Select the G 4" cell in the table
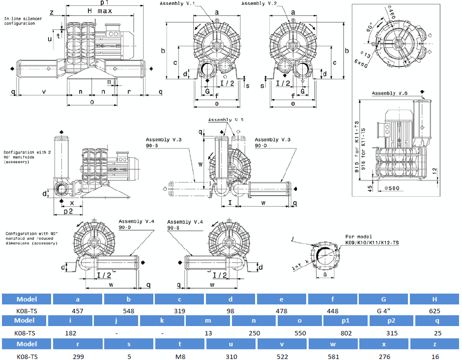click(x=383, y=311)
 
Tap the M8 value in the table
click(x=179, y=357)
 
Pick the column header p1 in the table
click(x=346, y=321)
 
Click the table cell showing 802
click(x=346, y=333)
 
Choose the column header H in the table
click(x=434, y=299)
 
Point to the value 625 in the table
click(x=434, y=311)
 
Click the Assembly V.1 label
click(x=177, y=4)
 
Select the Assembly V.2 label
click(x=259, y=4)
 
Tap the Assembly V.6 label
click(x=390, y=93)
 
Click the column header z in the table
click(x=434, y=344)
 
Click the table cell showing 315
click(x=392, y=333)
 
